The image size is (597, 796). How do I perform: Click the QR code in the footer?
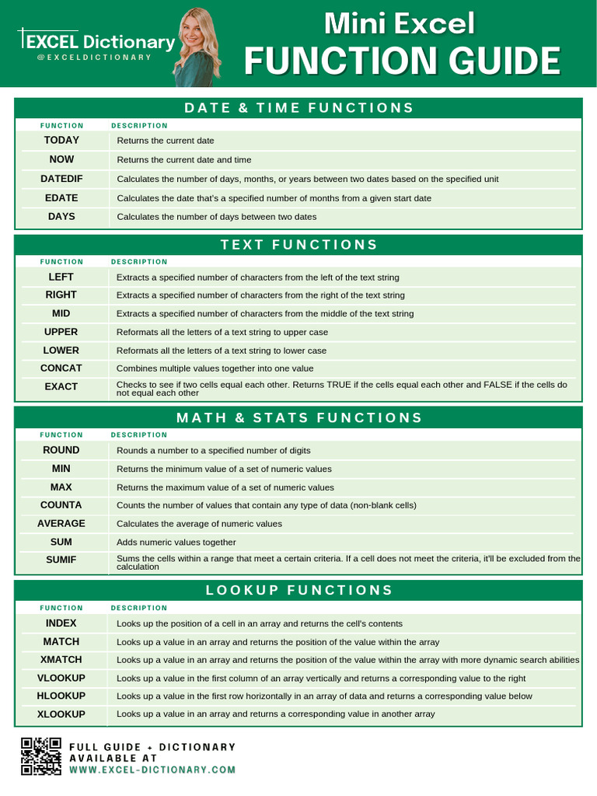pos(40,756)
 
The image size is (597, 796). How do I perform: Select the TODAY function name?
pos(61,140)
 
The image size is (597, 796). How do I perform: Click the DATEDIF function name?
pos(61,179)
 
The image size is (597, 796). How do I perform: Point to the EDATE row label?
pos(61,198)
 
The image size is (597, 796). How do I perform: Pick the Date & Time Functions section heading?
pos(298,108)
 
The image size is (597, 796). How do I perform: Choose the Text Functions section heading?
pos(298,245)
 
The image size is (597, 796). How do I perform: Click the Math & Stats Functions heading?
pos(298,418)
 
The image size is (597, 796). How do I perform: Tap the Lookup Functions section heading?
pos(298,591)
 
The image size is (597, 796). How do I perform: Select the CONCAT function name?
pos(61,368)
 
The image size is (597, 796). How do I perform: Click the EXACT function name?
pos(61,386)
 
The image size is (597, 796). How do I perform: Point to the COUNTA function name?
pos(61,505)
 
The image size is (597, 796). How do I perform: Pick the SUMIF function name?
pos(61,560)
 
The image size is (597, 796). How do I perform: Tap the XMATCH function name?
pos(61,660)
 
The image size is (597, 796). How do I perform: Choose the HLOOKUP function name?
pos(61,696)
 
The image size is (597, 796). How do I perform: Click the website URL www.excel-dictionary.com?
pos(152,770)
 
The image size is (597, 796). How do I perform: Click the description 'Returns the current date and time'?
pos(184,160)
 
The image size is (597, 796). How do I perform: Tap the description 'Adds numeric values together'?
pos(176,543)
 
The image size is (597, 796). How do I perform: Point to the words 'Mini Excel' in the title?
pos(400,24)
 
